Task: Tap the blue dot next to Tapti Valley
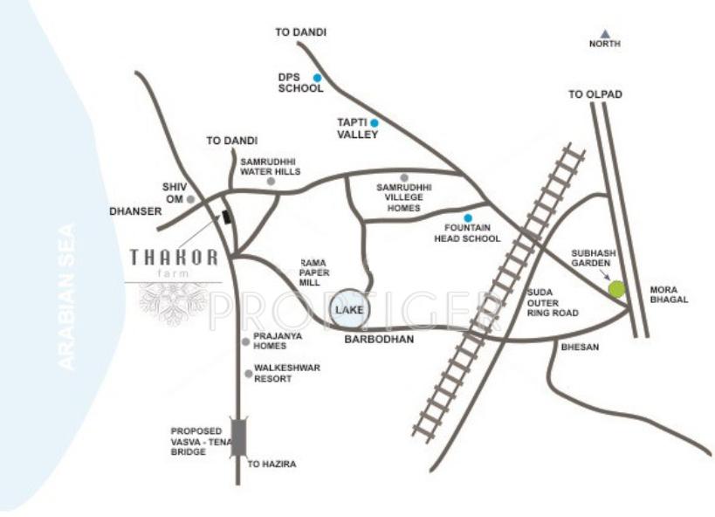coord(375,122)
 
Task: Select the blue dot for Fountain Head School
coord(468,218)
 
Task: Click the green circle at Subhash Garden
coord(617,288)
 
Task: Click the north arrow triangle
coord(604,33)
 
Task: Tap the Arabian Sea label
coord(68,297)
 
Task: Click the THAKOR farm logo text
coord(173,258)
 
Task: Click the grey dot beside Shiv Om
coord(190,199)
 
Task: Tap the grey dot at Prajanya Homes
coord(246,341)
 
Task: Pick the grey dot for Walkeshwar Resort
coord(249,374)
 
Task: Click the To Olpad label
coord(595,93)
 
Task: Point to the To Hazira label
coord(272,464)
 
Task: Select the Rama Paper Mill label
coord(313,272)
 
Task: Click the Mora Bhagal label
coord(670,293)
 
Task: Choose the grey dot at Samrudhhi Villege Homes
coord(404,177)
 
